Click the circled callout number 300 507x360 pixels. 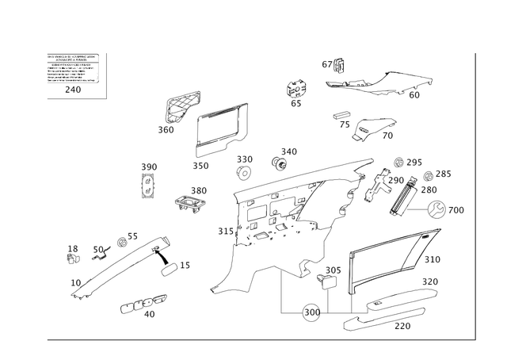point(312,311)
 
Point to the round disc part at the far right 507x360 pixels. point(437,209)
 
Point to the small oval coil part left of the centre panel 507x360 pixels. point(190,201)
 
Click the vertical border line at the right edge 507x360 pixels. point(474,198)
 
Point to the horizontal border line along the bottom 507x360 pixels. point(261,340)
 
